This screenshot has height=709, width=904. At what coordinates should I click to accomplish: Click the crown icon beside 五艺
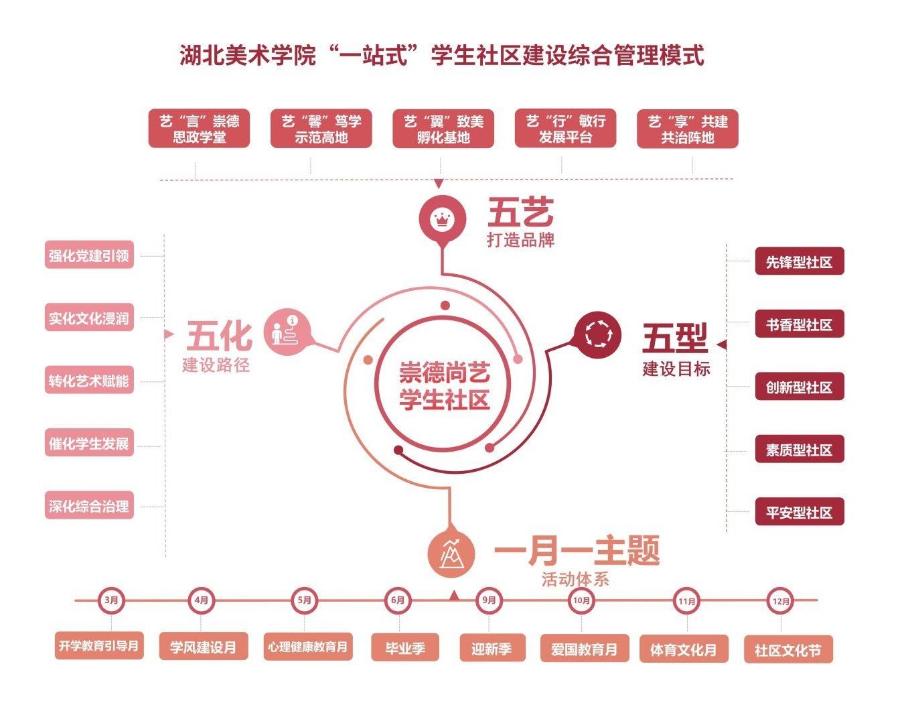point(441,218)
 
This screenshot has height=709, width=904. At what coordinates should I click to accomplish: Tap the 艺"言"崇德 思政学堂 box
point(199,129)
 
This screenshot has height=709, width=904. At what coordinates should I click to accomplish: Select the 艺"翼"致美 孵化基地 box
point(443,129)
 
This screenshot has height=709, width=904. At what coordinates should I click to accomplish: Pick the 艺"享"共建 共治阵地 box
point(688,129)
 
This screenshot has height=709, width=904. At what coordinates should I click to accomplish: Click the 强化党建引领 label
point(89,255)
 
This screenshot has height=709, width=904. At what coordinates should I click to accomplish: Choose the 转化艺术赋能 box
point(89,381)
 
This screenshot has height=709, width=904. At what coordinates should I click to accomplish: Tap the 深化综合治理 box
point(89,506)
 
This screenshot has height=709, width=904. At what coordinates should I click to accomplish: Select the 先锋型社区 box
point(799,262)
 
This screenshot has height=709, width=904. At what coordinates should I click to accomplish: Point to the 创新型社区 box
point(799,387)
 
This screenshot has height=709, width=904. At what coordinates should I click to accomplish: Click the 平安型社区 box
point(799,513)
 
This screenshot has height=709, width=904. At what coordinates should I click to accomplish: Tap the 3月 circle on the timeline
point(111,600)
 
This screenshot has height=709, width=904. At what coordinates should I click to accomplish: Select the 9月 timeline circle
point(489,600)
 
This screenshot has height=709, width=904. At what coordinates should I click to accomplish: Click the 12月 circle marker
point(781,601)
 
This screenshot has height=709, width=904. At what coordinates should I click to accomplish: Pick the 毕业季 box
point(405,648)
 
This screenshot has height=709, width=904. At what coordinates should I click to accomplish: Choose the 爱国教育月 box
point(584,649)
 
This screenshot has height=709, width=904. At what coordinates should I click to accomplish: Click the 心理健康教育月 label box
point(307,647)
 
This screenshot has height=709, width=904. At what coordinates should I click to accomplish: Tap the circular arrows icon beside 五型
point(598,333)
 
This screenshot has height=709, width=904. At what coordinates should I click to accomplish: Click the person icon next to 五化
point(288,331)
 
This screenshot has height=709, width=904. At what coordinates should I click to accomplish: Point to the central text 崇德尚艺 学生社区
point(445,386)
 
